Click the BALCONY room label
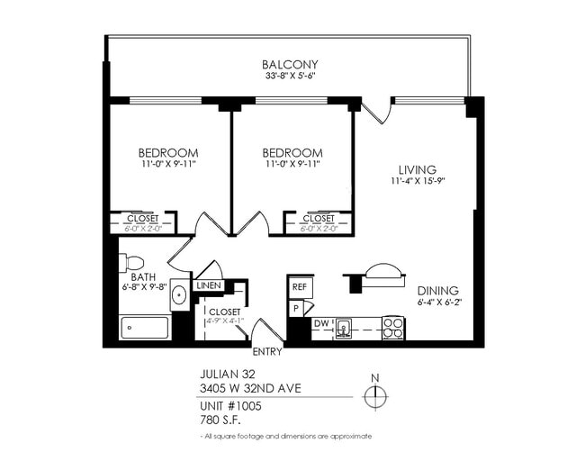coord(290,65)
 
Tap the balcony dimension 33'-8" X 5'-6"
coord(290,77)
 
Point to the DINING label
coord(437,291)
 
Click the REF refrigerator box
coord(299,286)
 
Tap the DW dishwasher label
coord(320,323)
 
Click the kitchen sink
coord(344,329)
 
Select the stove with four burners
coord(392,328)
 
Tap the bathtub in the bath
coord(145,328)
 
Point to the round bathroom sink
coord(178,294)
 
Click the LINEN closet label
coord(208,285)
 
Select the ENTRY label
coord(266,352)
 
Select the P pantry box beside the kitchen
coord(295,307)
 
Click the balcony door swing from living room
coord(380,110)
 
